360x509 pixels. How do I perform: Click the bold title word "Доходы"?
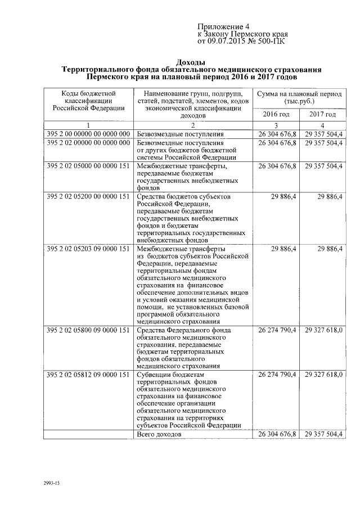click(191, 61)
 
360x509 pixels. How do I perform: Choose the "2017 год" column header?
click(322, 114)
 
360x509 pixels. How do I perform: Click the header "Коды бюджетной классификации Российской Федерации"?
click(88, 99)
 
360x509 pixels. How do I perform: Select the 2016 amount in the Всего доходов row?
click(277, 435)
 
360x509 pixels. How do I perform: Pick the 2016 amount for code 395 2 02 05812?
click(277, 374)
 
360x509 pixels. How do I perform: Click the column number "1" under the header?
click(88, 125)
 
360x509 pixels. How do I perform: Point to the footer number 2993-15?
click(51, 483)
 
